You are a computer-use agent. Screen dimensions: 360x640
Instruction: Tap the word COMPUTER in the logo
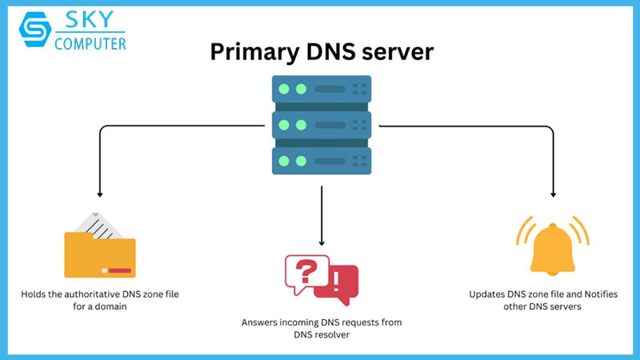point(90,44)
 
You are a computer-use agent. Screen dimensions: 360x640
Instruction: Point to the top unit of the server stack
point(321,89)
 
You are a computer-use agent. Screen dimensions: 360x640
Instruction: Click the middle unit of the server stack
point(321,123)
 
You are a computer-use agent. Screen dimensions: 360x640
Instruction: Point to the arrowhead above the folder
point(99,193)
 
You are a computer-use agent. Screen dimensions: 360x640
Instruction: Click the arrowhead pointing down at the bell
point(552,193)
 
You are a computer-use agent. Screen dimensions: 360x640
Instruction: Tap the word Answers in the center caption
point(260,322)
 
